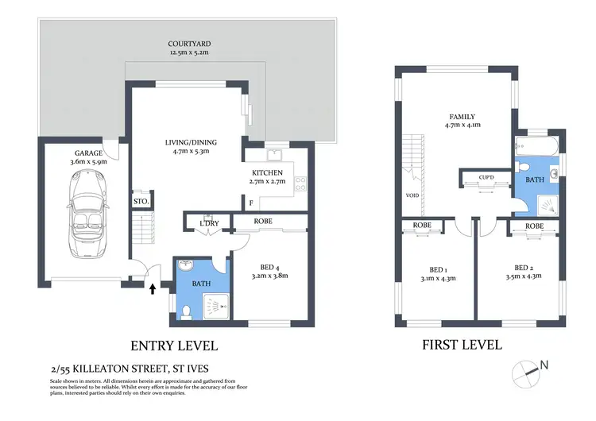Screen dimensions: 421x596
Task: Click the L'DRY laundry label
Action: point(209,223)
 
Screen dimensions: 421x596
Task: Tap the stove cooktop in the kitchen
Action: point(301,184)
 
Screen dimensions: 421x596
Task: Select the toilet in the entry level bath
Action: point(184,311)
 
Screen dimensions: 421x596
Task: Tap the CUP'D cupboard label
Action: point(486,176)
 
